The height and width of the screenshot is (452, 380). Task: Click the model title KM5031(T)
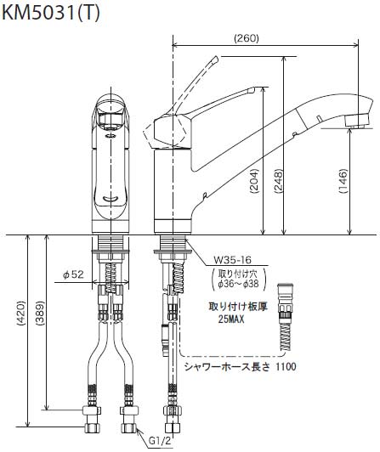(51, 13)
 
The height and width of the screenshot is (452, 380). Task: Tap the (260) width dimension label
(247, 38)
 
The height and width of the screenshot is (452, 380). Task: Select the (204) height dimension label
(254, 181)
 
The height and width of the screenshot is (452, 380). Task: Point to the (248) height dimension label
(278, 181)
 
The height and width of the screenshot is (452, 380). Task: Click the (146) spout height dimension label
(343, 181)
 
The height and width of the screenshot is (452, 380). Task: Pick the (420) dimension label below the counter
(21, 314)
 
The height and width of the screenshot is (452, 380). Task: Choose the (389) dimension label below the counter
(40, 314)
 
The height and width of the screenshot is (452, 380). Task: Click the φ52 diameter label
(74, 274)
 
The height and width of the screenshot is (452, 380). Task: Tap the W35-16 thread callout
(232, 260)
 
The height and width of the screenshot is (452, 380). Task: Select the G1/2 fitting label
(160, 440)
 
